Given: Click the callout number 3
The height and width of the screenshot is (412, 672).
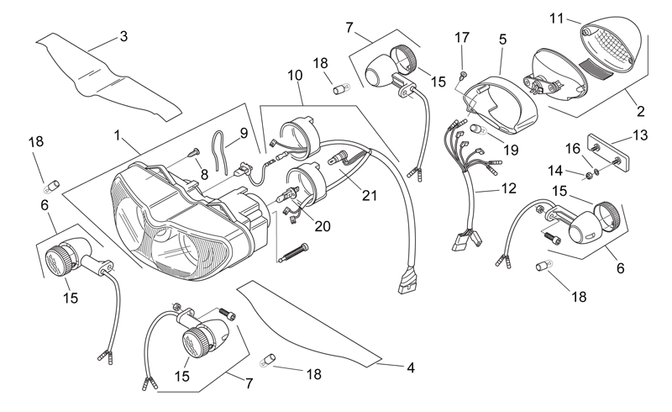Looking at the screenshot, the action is [x=123, y=36].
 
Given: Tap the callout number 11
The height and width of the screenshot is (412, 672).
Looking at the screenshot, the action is [x=556, y=18].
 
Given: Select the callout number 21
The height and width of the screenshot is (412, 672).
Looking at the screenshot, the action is [x=370, y=196].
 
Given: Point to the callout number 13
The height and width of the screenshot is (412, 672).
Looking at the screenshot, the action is [x=640, y=135].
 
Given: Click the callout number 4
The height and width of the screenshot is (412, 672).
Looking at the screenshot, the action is [x=411, y=367].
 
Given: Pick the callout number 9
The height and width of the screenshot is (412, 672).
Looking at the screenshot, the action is [x=244, y=133].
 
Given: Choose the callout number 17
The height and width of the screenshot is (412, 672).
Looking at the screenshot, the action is [x=462, y=38].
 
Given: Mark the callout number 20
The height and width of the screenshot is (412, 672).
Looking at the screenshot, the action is [x=323, y=226].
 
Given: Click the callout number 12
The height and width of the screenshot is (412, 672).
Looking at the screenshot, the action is [x=509, y=188].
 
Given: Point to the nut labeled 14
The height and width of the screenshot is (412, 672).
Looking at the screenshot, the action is [x=589, y=175].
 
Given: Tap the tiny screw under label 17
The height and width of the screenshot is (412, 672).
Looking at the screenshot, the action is [x=463, y=76].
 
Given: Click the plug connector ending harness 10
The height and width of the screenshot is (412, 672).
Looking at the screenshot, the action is [x=407, y=281].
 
